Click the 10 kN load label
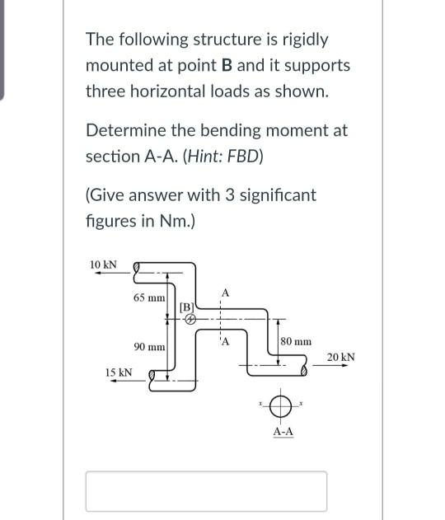point(103,265)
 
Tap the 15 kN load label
point(119,372)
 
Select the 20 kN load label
point(340,357)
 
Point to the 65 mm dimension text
point(148,296)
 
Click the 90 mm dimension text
point(149,347)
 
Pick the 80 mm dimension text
point(297,340)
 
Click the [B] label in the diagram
point(186,307)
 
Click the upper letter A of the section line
point(225,293)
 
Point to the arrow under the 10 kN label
point(105,275)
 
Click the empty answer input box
point(206,491)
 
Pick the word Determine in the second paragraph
point(124,130)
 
